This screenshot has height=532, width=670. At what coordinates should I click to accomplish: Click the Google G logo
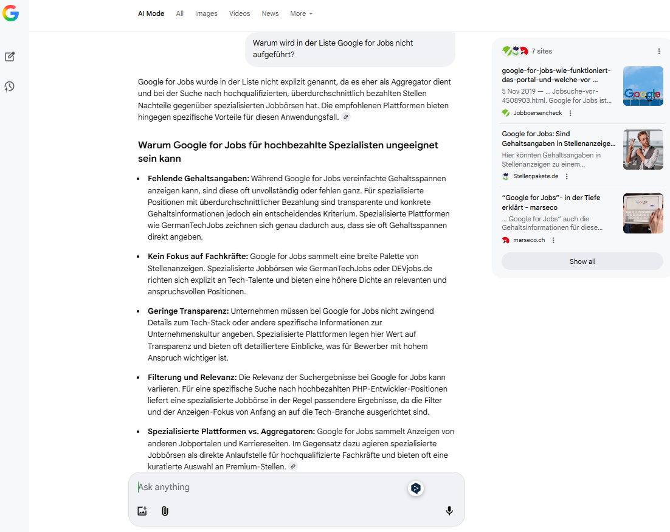10,13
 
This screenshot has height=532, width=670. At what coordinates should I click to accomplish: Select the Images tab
206,13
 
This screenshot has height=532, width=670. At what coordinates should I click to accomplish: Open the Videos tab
240,13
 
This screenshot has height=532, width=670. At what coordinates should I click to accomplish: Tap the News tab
270,13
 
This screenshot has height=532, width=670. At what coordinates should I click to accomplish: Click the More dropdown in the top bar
301,13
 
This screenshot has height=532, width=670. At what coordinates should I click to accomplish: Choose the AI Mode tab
151,13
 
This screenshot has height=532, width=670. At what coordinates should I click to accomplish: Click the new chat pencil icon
10,57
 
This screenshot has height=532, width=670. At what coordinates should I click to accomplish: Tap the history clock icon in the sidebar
10,86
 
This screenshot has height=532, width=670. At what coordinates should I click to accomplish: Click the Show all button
582,261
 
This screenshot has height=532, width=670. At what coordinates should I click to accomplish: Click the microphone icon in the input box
449,511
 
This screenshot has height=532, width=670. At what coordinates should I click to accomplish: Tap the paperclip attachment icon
165,511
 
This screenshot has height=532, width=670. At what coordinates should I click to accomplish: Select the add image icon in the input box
142,511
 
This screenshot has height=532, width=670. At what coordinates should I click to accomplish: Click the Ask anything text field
268,487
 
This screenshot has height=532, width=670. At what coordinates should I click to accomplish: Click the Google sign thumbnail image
643,86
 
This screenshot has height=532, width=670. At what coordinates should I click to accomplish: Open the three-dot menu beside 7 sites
659,51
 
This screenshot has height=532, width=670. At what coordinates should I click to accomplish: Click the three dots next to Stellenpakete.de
567,176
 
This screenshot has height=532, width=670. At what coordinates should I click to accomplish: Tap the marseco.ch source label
529,240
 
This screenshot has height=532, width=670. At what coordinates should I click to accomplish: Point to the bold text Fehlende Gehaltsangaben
198,178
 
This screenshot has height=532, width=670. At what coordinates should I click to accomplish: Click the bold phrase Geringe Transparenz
188,311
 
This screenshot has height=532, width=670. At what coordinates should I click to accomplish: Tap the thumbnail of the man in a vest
643,150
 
